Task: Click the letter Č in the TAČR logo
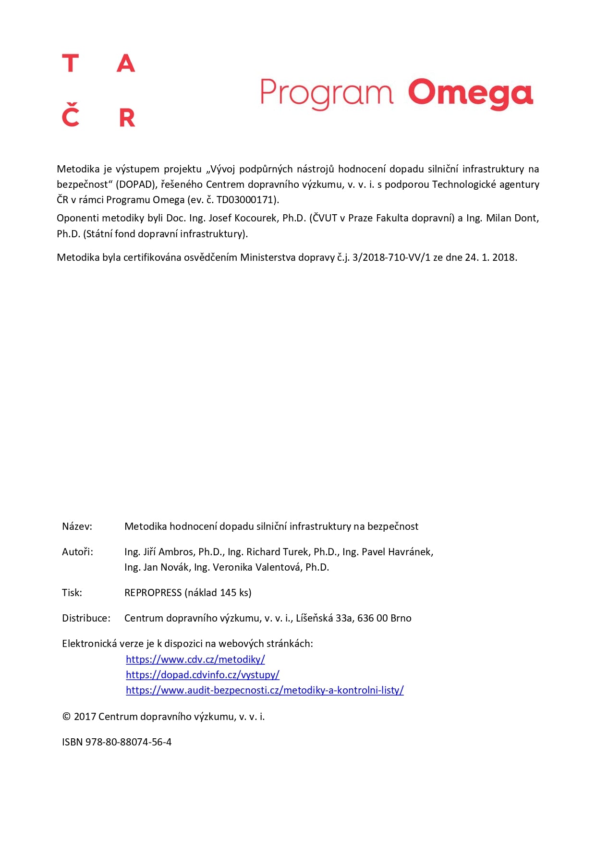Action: [71, 115]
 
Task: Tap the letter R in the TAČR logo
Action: [127, 118]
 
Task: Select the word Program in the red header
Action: [326, 93]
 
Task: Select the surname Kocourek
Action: [256, 218]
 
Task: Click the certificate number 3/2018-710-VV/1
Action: [391, 257]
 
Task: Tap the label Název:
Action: [77, 526]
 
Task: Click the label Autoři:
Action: [77, 552]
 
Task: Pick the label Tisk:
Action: [72, 593]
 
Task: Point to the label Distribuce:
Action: [86, 618]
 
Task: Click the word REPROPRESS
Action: [153, 593]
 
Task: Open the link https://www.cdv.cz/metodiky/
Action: [195, 660]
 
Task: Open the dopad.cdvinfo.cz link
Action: [202, 675]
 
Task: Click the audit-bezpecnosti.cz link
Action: [265, 690]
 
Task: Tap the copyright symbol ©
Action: [66, 717]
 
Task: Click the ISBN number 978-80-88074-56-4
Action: [128, 742]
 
